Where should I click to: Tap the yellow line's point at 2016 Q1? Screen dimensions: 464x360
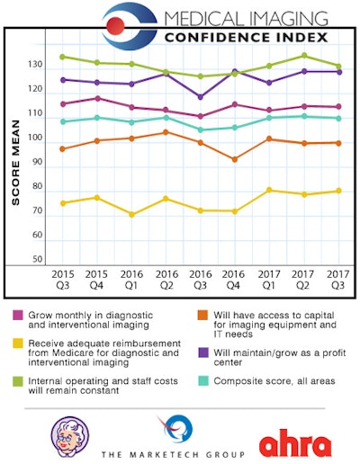point(132,215)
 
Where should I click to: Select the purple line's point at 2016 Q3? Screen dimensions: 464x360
point(201,97)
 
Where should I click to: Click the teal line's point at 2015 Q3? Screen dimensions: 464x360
point(62,121)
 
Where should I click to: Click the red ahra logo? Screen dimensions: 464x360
point(295,444)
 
